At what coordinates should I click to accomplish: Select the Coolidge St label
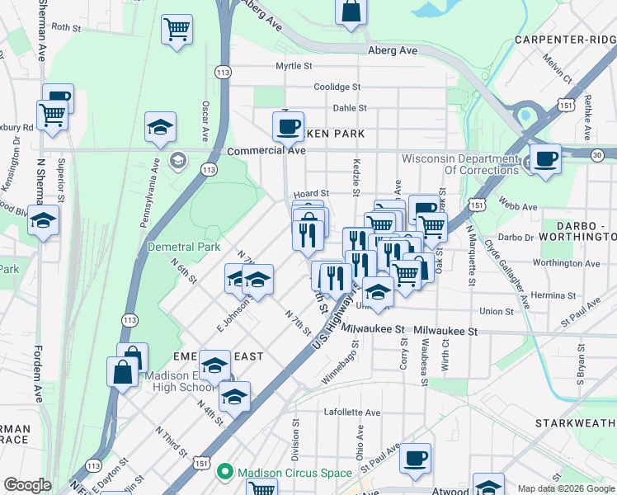(337, 87)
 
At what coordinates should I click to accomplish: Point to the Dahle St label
(349, 108)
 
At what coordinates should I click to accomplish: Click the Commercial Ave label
(266, 151)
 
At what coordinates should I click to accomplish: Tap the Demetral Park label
(183, 247)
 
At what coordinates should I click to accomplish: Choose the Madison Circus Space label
(294, 473)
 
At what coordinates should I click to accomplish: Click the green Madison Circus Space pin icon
(223, 473)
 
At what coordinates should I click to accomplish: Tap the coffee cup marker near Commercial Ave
(288, 127)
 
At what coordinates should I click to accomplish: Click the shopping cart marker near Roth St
(177, 30)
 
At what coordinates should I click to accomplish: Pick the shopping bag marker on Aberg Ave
(351, 12)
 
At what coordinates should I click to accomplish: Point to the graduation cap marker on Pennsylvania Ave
(160, 127)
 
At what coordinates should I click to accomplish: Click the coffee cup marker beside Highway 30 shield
(544, 159)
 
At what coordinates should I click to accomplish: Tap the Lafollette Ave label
(352, 412)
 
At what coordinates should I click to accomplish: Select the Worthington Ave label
(565, 263)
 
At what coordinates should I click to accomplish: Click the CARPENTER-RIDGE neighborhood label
(564, 39)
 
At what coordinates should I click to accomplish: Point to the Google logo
(27, 485)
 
